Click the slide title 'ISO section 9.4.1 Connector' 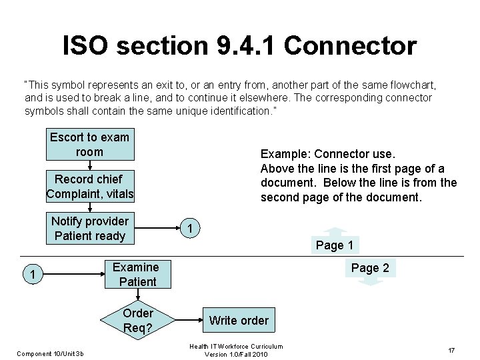239,46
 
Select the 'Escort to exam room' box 89,145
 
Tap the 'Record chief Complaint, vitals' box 90,187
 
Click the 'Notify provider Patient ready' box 90,229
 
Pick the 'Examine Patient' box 136,275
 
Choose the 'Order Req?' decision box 138,321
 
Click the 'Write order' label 239,321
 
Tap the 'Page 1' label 335,245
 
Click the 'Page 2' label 370,268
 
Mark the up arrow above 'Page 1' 335,233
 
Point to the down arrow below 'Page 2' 370,281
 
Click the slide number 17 451,351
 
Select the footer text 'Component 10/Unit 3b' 50,353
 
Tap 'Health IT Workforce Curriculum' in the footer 236,346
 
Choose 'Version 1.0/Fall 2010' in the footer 236,354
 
